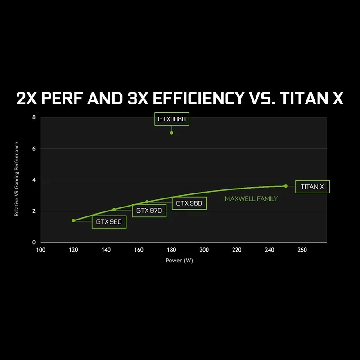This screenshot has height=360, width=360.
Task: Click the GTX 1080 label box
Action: (171, 119)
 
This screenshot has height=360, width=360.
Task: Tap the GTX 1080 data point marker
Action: (171, 133)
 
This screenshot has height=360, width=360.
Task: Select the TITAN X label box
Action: (312, 186)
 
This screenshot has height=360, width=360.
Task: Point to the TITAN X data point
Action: (286, 186)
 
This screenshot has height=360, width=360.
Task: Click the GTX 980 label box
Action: (189, 203)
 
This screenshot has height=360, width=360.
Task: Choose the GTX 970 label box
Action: (149, 210)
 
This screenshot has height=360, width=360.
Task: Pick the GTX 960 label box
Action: (109, 221)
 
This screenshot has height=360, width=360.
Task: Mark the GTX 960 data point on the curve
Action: (73, 220)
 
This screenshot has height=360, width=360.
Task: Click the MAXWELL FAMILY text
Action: (251, 198)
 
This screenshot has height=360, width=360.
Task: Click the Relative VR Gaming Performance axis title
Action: (17, 179)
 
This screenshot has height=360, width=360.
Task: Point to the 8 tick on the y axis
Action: (34, 117)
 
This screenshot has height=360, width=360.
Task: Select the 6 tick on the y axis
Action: (34, 149)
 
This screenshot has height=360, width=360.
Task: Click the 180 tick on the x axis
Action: (171, 250)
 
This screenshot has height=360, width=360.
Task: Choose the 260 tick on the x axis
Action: (302, 250)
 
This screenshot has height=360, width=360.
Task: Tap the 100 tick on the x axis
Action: (40, 250)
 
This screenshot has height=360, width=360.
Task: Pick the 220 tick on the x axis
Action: (237, 250)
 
